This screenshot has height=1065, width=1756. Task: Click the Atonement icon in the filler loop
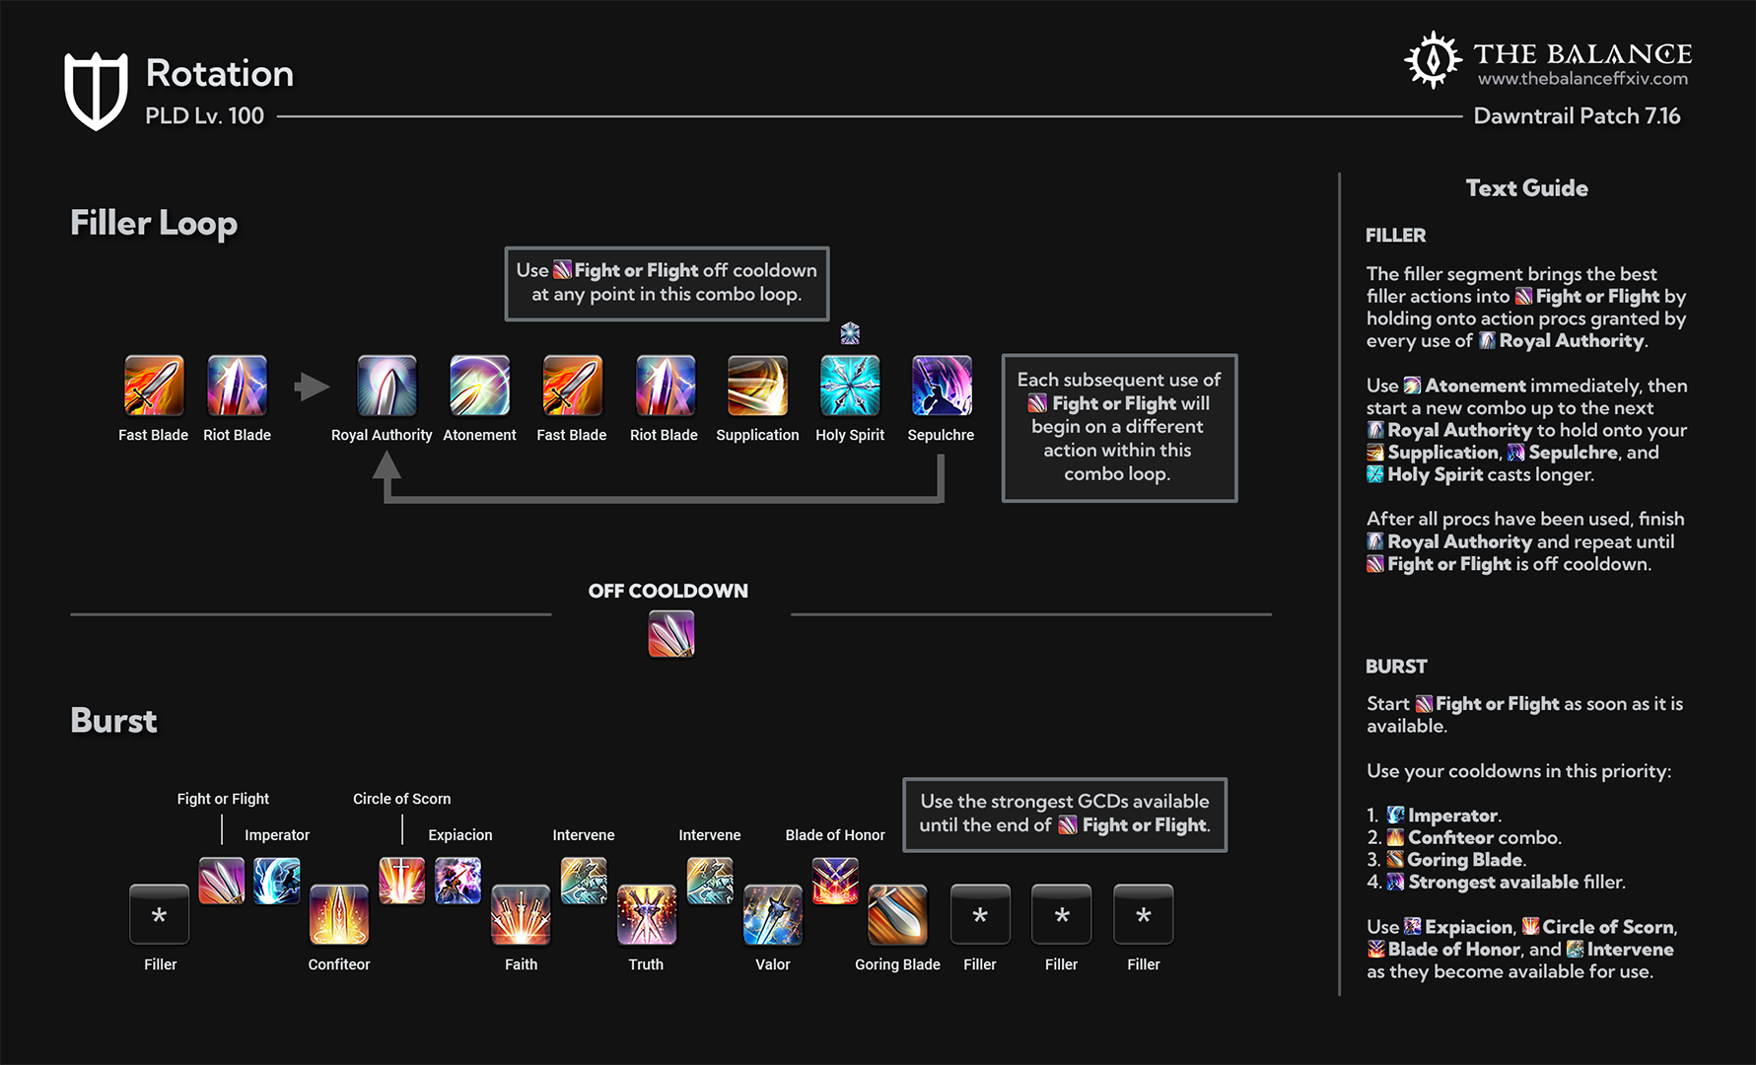click(x=479, y=386)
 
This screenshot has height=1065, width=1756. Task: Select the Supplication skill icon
click(x=757, y=386)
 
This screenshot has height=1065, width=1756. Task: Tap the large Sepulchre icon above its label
click(x=942, y=386)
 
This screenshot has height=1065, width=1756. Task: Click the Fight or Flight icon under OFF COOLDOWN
click(x=671, y=633)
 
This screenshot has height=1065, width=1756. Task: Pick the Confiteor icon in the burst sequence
click(x=339, y=914)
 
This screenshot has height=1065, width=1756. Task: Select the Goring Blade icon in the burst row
click(x=897, y=914)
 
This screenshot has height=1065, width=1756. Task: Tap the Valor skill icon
click(x=773, y=914)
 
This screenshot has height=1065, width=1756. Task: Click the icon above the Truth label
click(x=647, y=914)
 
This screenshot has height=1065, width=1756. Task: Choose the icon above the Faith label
click(x=521, y=914)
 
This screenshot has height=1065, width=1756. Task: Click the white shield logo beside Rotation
click(x=96, y=90)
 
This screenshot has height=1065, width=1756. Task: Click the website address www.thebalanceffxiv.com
click(x=1582, y=79)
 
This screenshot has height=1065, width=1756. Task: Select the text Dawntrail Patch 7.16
click(x=1577, y=116)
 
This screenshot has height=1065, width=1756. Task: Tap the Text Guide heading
click(x=1526, y=188)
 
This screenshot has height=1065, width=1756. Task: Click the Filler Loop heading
click(x=154, y=223)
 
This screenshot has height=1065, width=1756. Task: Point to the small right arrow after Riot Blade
click(x=312, y=387)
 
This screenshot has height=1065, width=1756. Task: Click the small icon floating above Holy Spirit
click(x=850, y=333)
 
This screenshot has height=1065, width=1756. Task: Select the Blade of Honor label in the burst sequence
click(x=835, y=835)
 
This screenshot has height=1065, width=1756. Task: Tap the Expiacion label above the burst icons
click(x=460, y=835)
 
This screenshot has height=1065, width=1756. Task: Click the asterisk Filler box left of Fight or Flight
click(x=159, y=914)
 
